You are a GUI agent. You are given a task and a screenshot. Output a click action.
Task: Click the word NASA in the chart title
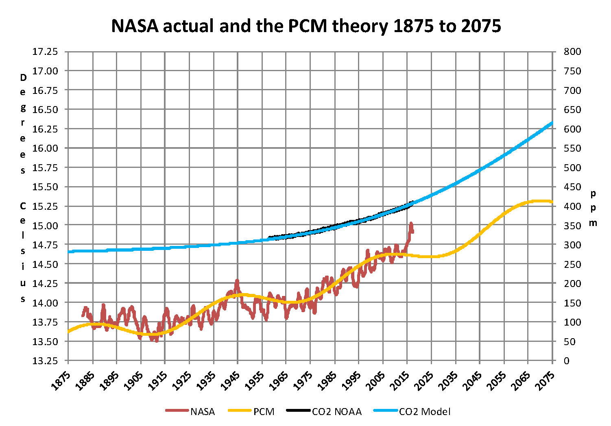(x=134, y=26)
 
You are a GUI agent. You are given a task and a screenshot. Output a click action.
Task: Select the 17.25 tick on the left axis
(x=45, y=52)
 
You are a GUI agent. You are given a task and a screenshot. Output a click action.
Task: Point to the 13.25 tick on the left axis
(x=45, y=361)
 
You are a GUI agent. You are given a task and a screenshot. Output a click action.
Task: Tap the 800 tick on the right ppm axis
(x=572, y=52)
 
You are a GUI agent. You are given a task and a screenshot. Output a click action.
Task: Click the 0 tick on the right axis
(x=567, y=361)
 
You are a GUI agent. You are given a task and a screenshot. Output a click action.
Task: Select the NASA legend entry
(x=190, y=411)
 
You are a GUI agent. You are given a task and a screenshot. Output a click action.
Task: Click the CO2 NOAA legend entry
(x=324, y=411)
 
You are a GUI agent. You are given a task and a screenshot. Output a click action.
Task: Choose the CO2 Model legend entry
(x=412, y=411)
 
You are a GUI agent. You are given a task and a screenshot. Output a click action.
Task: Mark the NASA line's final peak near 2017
(x=411, y=223)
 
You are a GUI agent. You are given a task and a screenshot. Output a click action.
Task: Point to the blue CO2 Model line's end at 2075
(x=552, y=122)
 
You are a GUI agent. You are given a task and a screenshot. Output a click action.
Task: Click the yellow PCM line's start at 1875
(x=68, y=332)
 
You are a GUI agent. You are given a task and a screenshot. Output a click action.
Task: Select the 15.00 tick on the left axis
(x=45, y=226)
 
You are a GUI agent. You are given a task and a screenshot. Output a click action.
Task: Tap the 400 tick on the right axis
(x=572, y=206)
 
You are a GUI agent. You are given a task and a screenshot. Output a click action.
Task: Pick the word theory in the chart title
(x=359, y=26)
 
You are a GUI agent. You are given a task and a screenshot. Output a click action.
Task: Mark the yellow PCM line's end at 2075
(x=552, y=202)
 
